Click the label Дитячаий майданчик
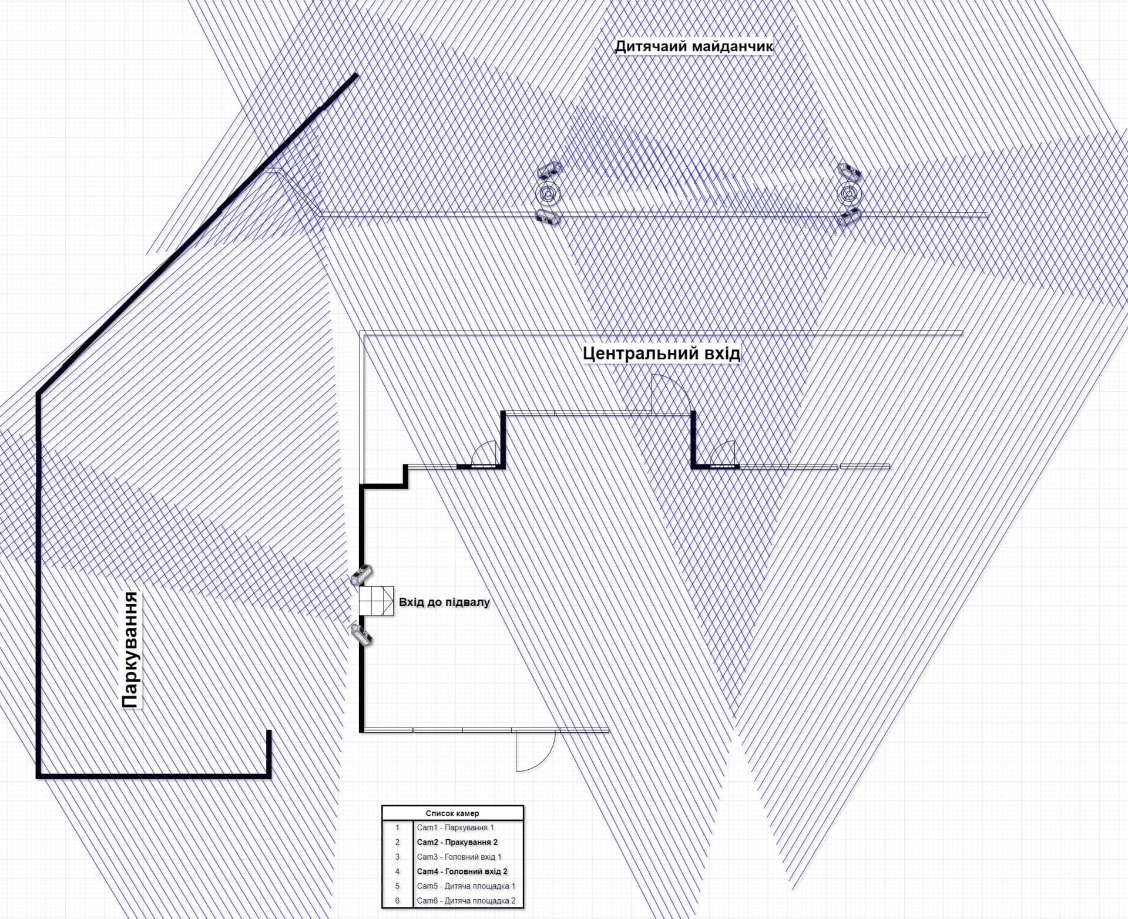click(693, 46)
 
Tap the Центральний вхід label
click(662, 354)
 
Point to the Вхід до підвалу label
click(444, 602)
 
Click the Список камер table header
click(452, 813)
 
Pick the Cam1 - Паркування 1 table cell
click(455, 827)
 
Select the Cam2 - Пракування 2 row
click(457, 842)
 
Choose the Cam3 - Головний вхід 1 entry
click(459, 857)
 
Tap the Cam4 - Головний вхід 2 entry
click(462, 871)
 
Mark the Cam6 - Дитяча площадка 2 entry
click(466, 901)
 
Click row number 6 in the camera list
click(397, 901)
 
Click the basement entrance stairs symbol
click(376, 601)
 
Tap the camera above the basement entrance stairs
click(362, 575)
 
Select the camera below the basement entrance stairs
click(361, 635)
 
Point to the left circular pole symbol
click(548, 193)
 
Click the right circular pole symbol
click(848, 193)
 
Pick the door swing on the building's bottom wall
click(534, 751)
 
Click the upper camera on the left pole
click(549, 171)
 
